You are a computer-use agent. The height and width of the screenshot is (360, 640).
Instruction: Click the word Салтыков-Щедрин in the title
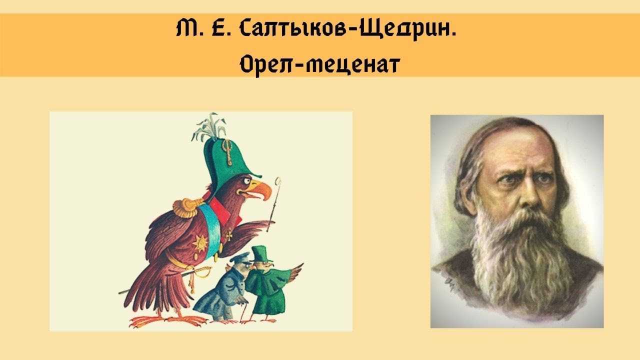click(347, 29)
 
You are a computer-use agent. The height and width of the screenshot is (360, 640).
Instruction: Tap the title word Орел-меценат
click(319, 64)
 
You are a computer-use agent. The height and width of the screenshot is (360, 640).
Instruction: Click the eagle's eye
click(246, 181)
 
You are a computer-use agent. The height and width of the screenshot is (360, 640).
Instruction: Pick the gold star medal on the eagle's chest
click(200, 243)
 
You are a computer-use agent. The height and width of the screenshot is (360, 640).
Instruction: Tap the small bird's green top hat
click(259, 253)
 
